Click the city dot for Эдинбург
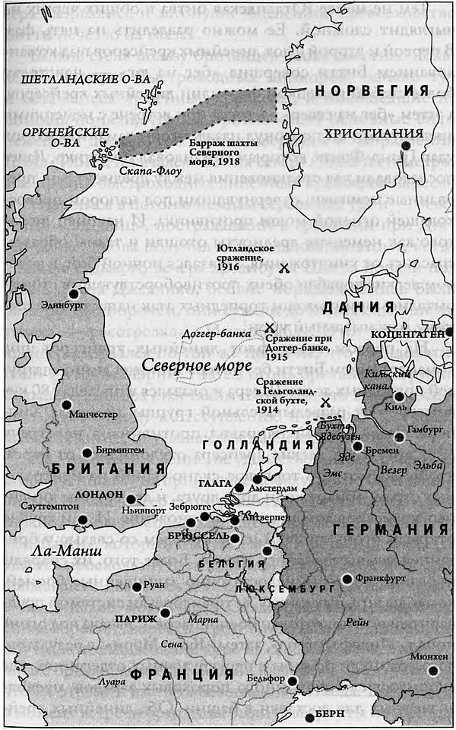click(74, 293)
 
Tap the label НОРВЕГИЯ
click(372, 91)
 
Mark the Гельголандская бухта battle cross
click(325, 402)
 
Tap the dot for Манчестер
click(67, 404)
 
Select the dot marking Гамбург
click(400, 436)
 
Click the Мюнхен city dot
click(433, 669)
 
